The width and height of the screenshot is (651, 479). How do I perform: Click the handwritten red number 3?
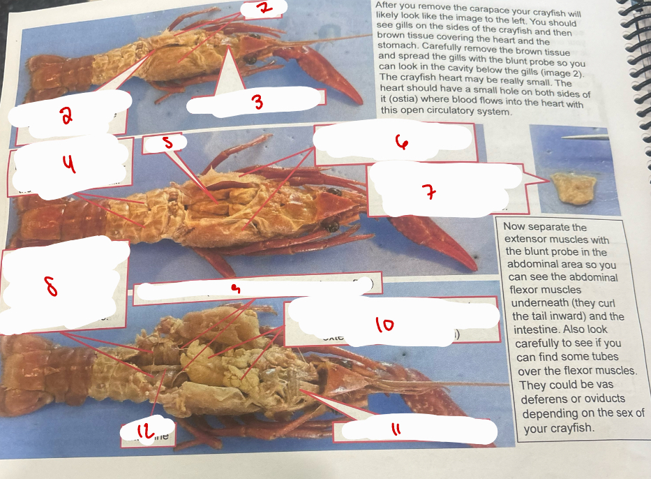[257, 103]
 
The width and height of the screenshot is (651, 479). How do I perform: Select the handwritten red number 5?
[166, 142]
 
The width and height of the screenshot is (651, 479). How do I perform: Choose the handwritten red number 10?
[384, 324]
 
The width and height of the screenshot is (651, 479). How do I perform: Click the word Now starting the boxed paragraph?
[516, 227]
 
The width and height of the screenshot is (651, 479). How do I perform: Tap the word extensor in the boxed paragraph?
[527, 239]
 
